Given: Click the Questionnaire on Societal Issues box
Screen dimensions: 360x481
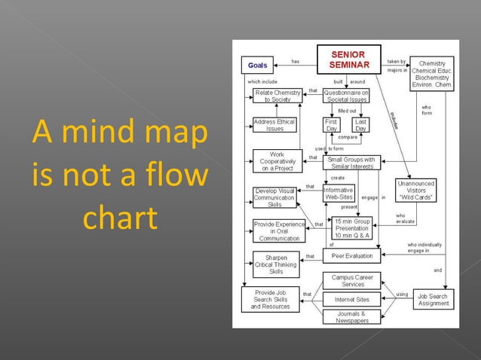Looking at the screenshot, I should pos(347,95).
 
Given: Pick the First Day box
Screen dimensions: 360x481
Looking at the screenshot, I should pos(331,124).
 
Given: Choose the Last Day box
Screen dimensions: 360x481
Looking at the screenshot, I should pos(360,124).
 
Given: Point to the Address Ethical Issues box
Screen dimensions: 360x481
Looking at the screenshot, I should pos(274,125).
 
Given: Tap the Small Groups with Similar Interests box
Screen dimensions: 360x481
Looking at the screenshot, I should pos(353,163).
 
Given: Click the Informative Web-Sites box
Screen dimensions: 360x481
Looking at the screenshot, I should pos(339,194).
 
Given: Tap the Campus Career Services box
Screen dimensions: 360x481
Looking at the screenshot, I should pos(353,280).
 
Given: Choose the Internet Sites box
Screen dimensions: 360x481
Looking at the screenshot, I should pos(353,299).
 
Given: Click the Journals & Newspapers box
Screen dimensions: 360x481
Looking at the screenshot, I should pos(353,317).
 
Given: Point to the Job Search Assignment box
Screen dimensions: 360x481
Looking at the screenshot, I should pos(433,300).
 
